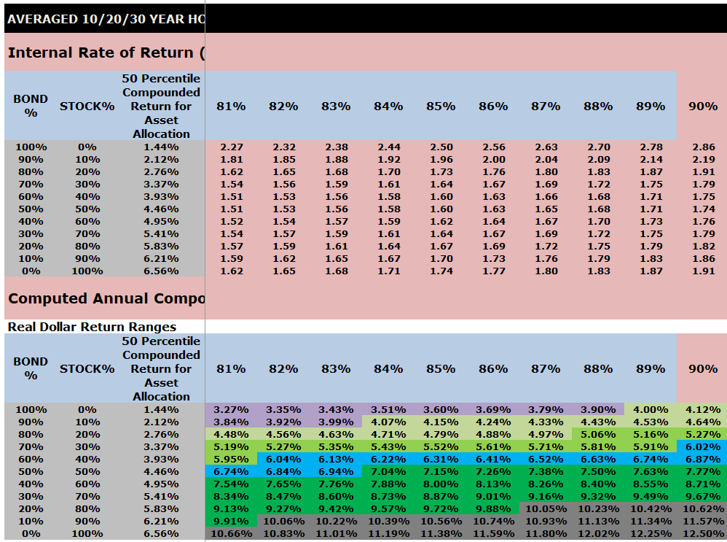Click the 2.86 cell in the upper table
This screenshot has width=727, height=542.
coord(703,147)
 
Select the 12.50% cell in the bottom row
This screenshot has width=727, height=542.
coord(703,534)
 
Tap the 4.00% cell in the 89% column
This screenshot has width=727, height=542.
coord(651,410)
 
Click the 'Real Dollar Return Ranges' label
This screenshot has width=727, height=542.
coord(92,327)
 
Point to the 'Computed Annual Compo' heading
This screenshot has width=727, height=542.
coord(106,298)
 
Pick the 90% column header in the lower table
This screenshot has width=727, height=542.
coord(703,368)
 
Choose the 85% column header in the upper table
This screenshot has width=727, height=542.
coord(441,106)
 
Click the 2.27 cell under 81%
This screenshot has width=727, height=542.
coord(232,147)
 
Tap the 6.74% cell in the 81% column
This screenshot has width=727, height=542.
coord(232,472)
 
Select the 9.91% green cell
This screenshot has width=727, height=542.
coord(232,522)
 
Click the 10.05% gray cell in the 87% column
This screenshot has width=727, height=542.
coord(546,509)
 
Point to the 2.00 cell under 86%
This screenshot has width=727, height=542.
coord(493,160)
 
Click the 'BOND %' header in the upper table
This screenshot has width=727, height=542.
coord(31,106)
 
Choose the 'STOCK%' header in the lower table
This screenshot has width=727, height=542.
coord(87,368)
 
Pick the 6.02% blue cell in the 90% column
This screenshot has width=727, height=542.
coord(703,447)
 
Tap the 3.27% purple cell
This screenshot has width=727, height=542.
coord(232,410)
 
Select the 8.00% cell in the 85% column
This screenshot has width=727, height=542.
coord(441,484)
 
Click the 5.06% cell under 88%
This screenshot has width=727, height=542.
coord(598,435)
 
